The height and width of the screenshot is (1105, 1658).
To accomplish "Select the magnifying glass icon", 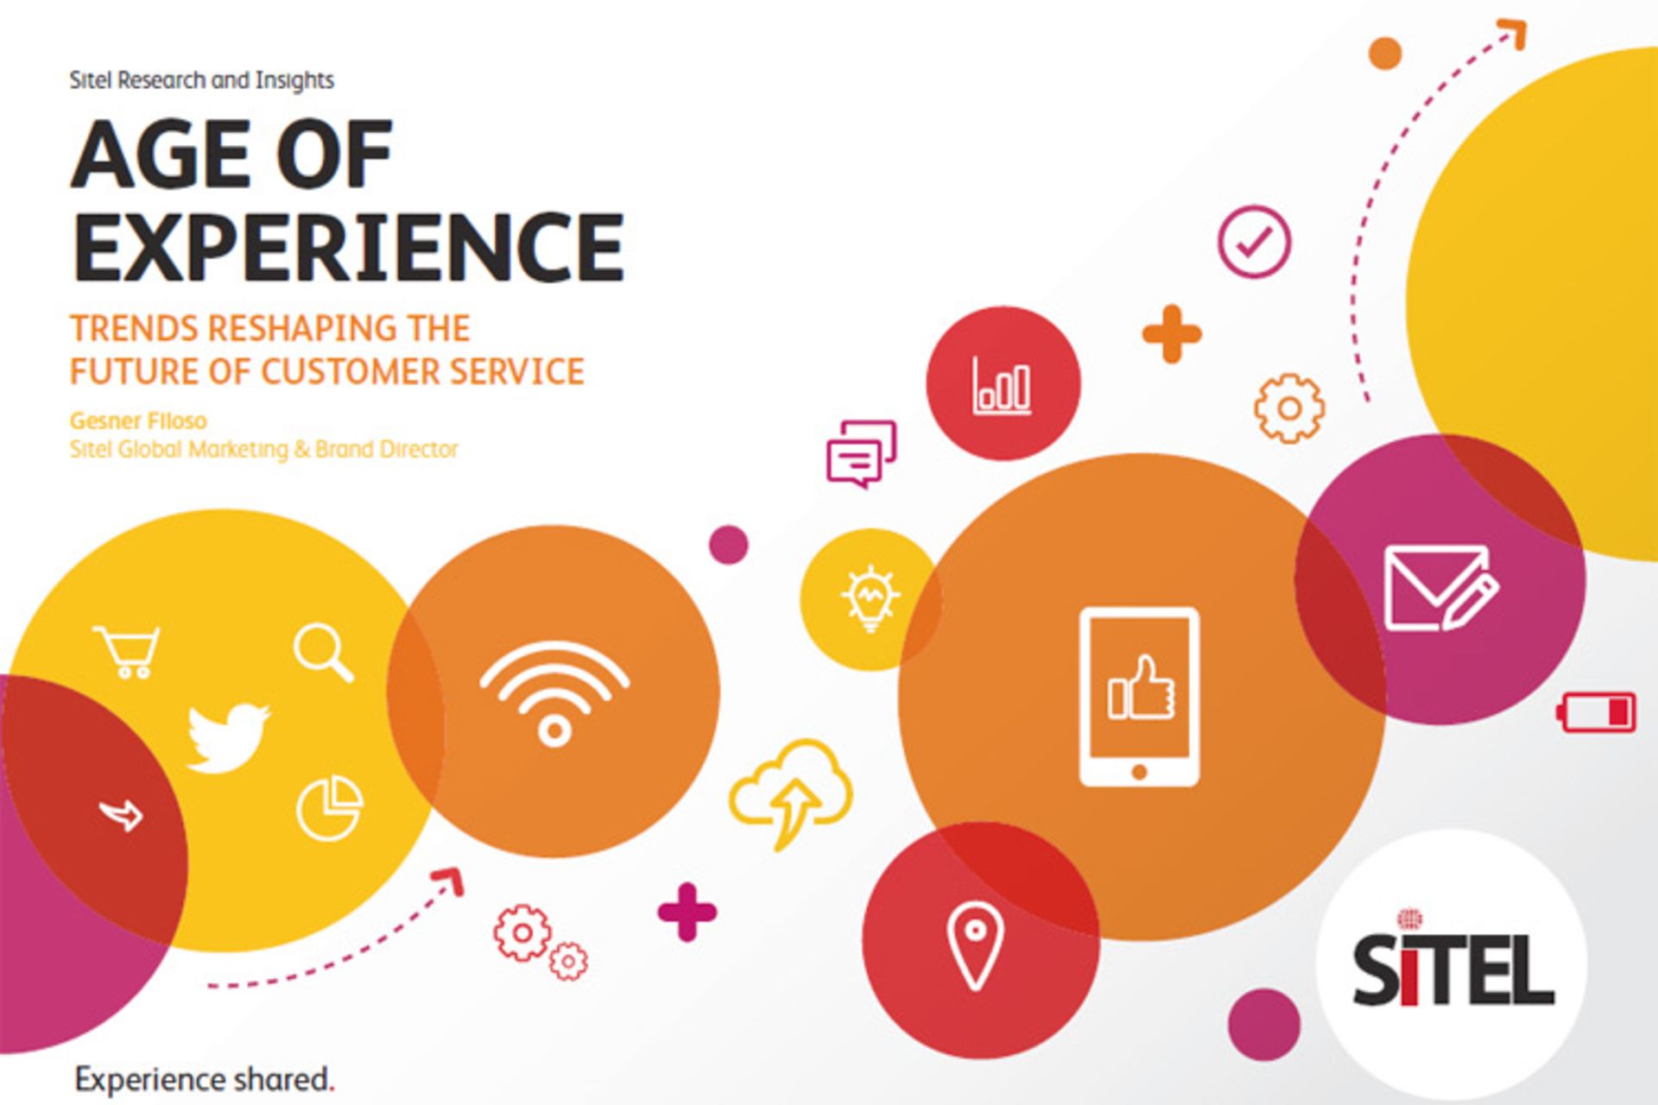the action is (324, 654).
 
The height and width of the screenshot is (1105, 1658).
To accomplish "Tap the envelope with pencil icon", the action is (1441, 589).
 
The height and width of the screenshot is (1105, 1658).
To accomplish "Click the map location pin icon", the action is (975, 944).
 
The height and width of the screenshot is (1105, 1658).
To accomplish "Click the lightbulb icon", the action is (870, 597).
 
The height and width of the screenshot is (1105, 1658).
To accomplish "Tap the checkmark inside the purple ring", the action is (1255, 242).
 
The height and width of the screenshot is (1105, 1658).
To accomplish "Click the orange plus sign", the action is (1172, 333).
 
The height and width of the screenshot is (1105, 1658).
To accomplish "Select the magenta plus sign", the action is (687, 912).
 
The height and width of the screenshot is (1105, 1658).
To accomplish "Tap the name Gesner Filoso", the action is (138, 421).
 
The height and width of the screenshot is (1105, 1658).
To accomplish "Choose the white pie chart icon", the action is (330, 807).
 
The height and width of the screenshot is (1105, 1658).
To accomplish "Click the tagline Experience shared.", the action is (205, 1080).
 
